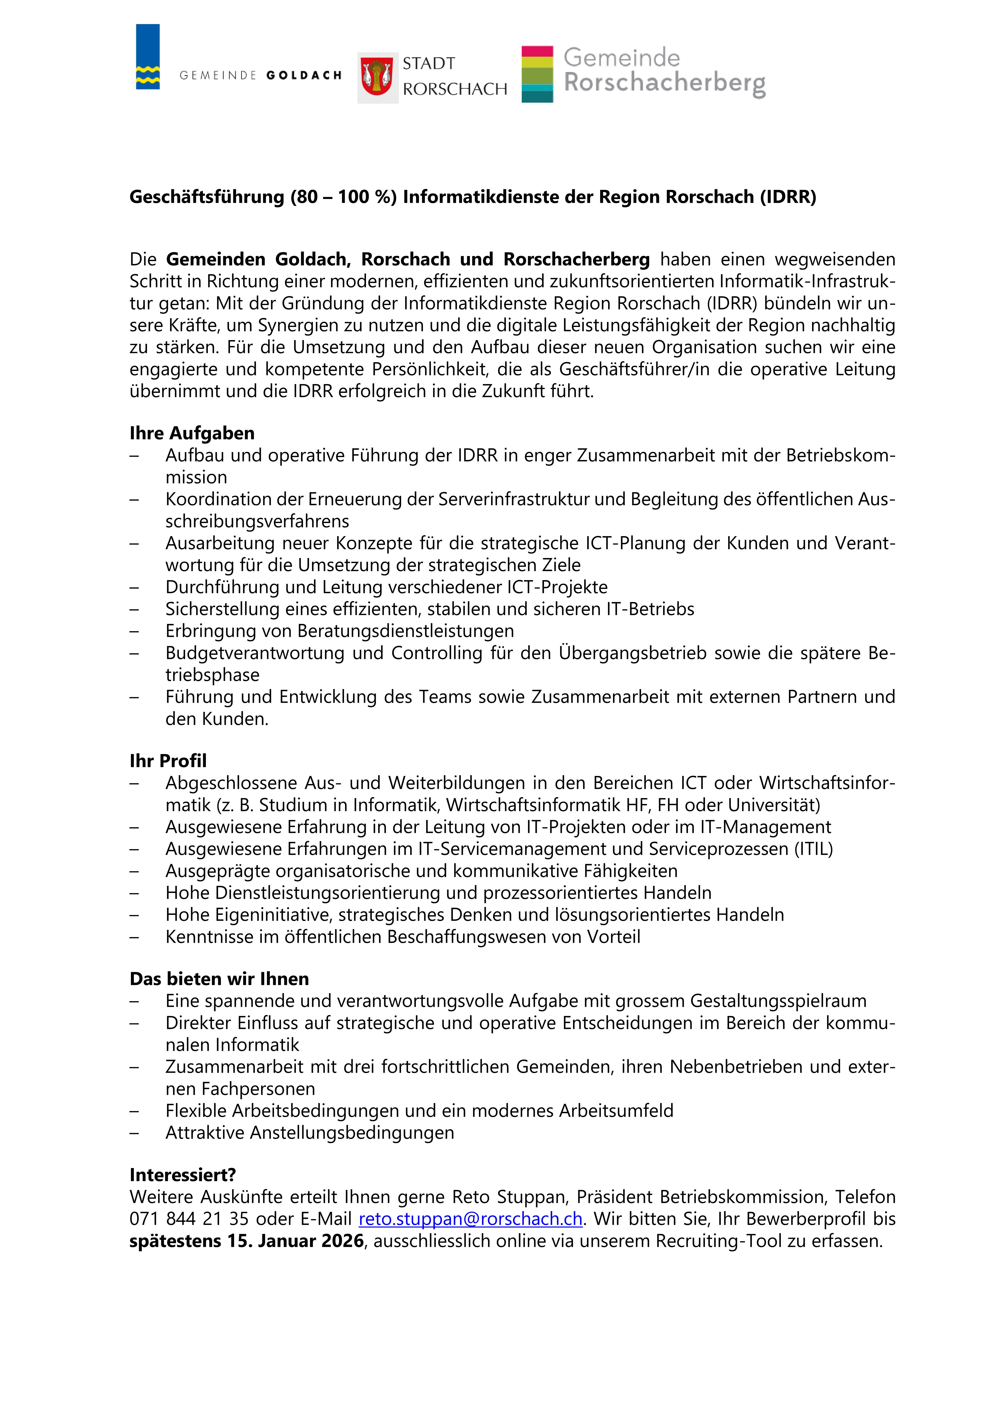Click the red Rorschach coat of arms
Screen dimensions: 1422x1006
377,77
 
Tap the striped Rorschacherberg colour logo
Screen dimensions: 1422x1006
537,74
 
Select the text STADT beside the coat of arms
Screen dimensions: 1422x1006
429,64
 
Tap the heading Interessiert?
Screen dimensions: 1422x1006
183,1175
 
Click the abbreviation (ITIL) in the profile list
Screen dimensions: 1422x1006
813,849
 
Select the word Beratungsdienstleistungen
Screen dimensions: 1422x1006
406,631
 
